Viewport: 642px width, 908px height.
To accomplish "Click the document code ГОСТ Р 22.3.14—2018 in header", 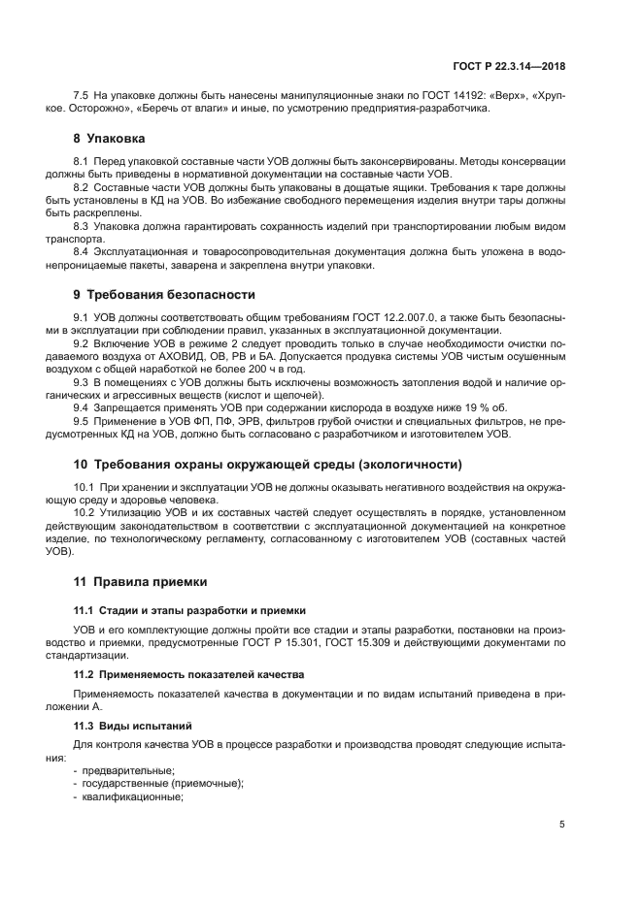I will tap(509, 67).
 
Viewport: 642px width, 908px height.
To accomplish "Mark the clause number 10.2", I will tap(84, 513).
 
